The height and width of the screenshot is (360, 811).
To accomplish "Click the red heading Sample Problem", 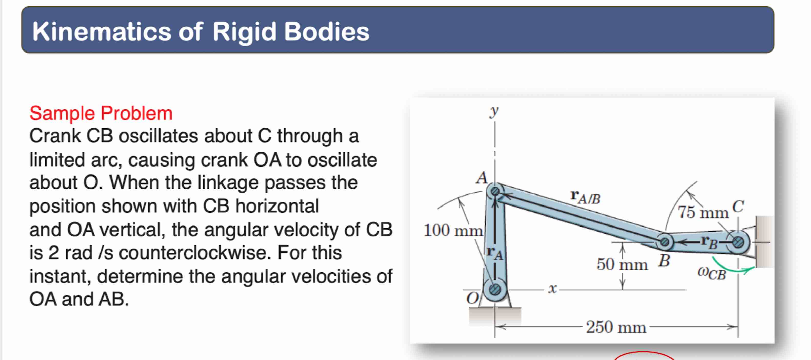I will point(101,113).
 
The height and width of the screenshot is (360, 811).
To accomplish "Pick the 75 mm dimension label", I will point(703,212).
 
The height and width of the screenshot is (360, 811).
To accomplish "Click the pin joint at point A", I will point(495,191).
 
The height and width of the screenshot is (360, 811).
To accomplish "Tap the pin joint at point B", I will point(664,242).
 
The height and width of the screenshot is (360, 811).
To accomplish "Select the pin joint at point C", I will point(738,242).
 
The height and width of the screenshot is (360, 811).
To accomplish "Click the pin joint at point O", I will point(495,289).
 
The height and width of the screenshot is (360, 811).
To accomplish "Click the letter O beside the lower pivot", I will point(473,298).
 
